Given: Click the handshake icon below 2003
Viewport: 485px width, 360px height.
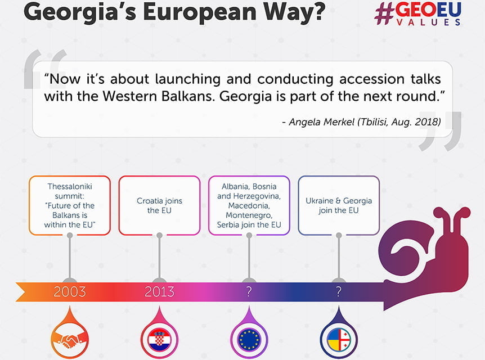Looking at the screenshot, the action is coord(70,340).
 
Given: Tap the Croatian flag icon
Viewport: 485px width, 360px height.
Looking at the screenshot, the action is coord(159,340).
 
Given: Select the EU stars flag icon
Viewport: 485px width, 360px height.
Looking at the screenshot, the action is coord(249,340).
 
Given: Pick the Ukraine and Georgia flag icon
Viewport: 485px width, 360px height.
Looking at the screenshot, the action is coord(339,340).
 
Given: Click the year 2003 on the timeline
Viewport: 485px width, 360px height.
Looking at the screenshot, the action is coord(70,291).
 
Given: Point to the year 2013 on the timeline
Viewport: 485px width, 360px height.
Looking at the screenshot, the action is coord(159,291).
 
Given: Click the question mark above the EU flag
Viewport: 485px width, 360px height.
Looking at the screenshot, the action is coord(249,291).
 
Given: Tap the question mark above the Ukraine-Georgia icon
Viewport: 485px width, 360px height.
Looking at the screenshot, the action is coord(339,291).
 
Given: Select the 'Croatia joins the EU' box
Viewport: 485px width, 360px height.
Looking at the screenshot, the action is coord(159,205).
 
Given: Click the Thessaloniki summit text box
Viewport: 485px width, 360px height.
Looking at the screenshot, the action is coord(70,205).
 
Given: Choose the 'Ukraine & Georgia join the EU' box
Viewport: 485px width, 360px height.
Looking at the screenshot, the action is coord(339,205).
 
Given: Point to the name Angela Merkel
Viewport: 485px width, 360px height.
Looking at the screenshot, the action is coord(321,122).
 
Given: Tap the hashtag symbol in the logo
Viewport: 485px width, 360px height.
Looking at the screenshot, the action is coord(384,14).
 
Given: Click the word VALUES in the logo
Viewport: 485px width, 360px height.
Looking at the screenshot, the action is coord(428,22).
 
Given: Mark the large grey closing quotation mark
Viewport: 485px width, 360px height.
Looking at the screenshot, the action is coord(441,132).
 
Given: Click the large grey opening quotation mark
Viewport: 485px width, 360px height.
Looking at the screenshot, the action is coord(45,70).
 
